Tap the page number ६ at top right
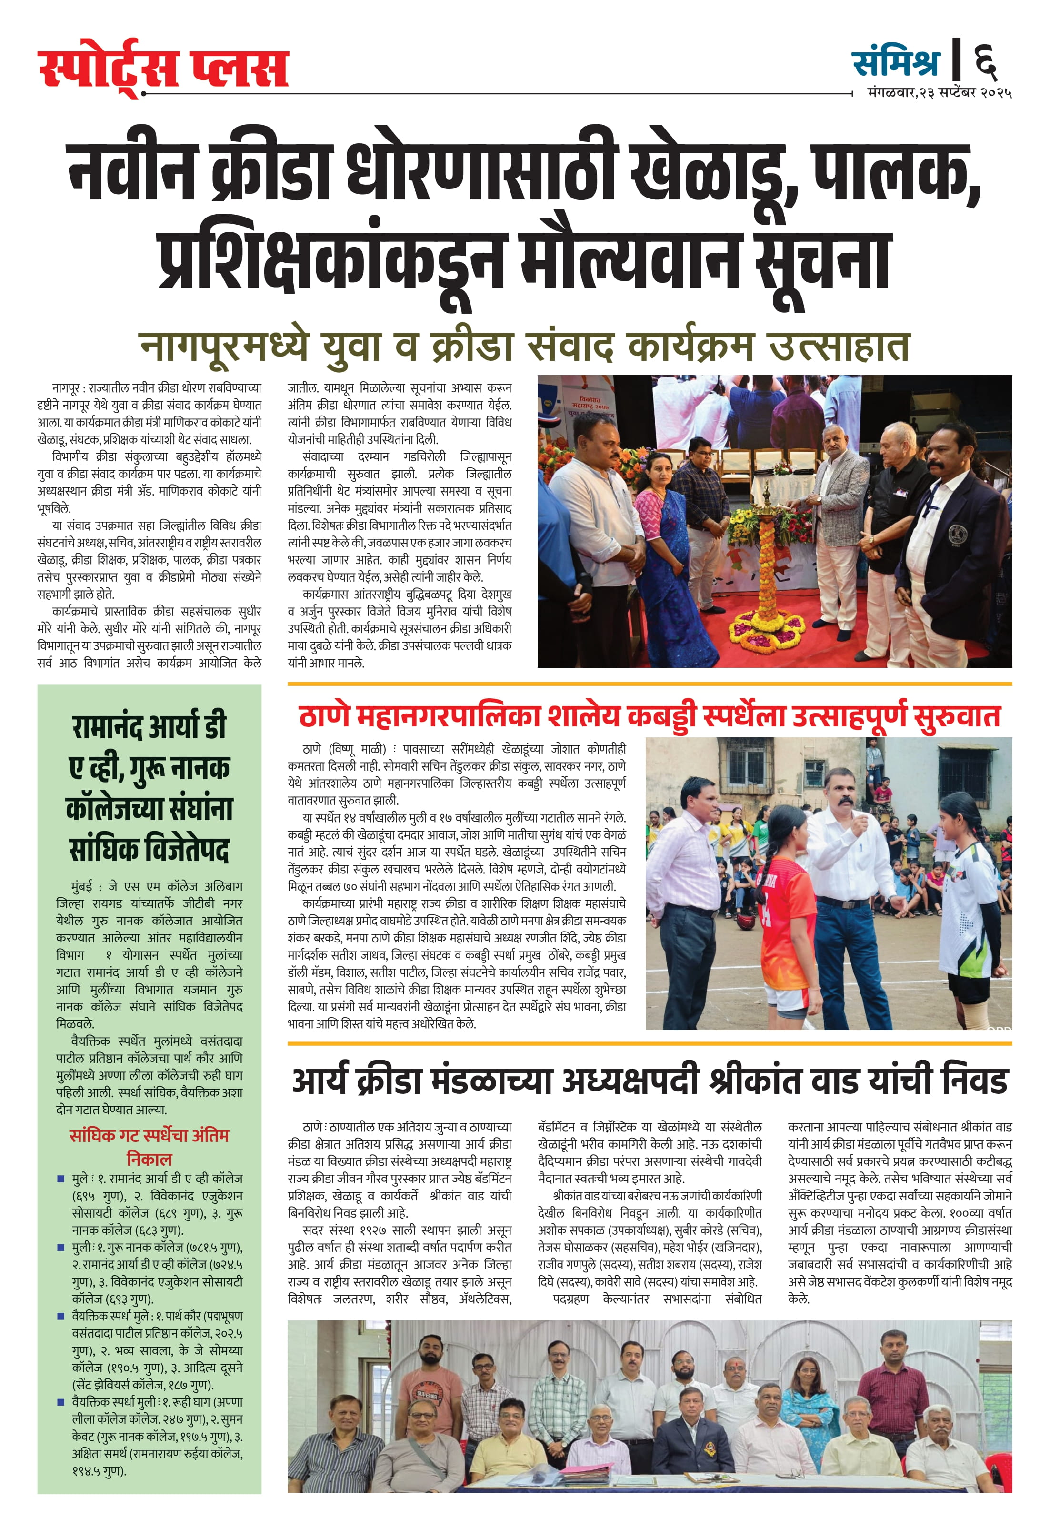(985, 61)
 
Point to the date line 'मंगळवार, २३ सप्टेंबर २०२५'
(939, 93)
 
